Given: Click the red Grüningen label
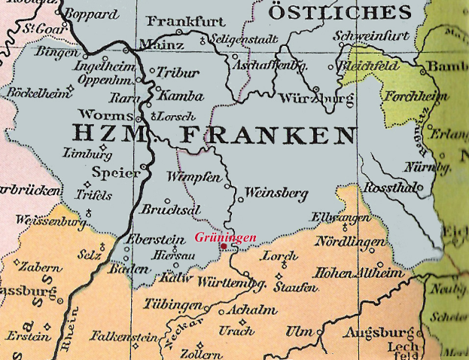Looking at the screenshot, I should [x=226, y=237].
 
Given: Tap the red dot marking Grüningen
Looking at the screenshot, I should [x=224, y=246].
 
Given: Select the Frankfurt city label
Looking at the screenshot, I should [x=177, y=20].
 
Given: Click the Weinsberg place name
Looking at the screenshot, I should [x=277, y=194].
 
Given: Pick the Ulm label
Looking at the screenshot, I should [x=299, y=332].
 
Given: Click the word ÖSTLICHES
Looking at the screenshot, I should [x=340, y=12].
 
